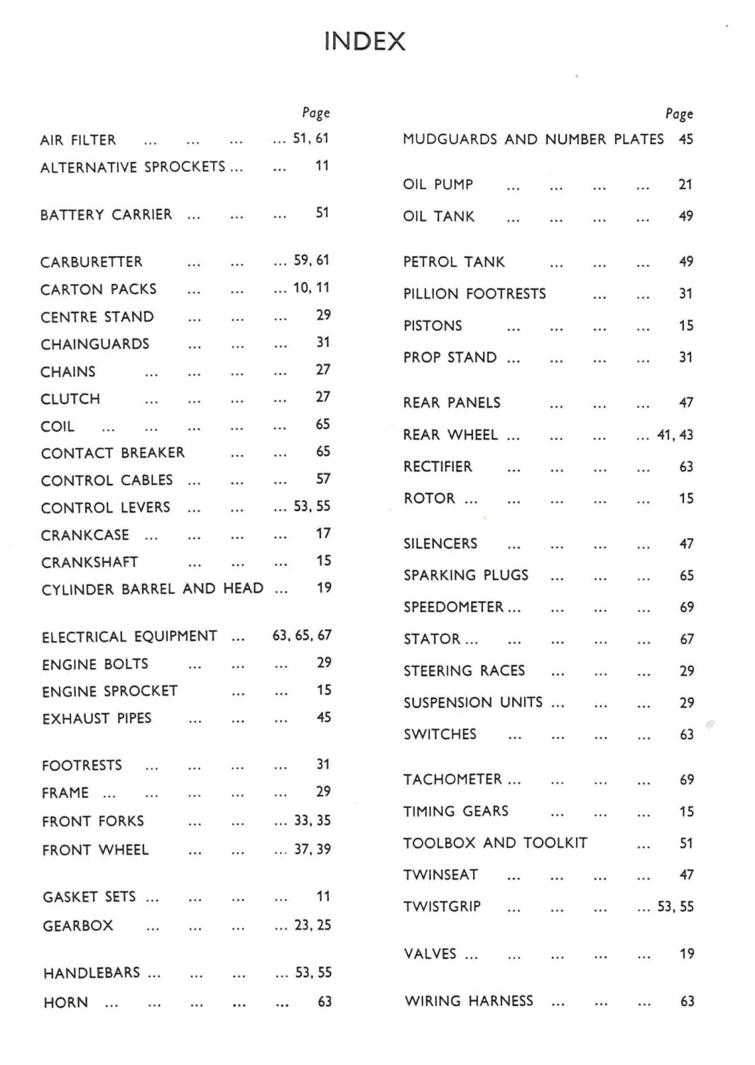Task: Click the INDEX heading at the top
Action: [x=364, y=41]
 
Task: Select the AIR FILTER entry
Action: [x=78, y=140]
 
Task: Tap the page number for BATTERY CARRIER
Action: [x=322, y=212]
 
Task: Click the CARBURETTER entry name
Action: [x=92, y=261]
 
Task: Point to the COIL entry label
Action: [x=58, y=427]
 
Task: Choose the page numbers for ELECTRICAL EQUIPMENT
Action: [x=302, y=635]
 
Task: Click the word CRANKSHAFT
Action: [x=89, y=562]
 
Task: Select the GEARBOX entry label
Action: [x=78, y=926]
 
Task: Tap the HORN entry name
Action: [x=66, y=1003]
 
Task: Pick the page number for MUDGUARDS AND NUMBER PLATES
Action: [x=685, y=139]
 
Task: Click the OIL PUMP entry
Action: [x=438, y=185]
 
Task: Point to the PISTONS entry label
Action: [x=433, y=326]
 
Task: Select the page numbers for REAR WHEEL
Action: [x=675, y=435]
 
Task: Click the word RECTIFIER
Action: [x=438, y=466]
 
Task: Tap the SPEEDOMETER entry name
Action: [x=453, y=607]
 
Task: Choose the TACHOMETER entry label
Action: [x=453, y=780]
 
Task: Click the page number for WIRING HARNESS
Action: [x=687, y=1001]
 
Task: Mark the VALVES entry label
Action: [x=430, y=954]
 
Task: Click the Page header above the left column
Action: [x=316, y=113]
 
